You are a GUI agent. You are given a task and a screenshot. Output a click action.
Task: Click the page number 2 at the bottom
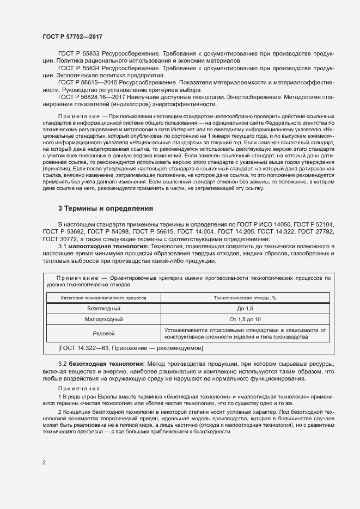(44, 463)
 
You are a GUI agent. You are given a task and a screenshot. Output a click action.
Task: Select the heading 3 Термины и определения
(106, 208)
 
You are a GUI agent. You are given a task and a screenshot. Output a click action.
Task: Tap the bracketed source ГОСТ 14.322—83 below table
(130, 347)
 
